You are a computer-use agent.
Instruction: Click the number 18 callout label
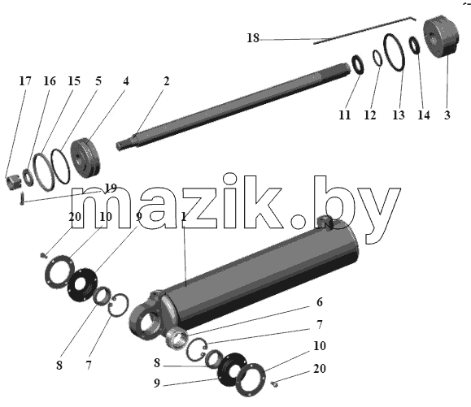253,38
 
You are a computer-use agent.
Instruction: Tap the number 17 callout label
25,81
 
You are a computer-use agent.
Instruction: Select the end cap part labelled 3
441,36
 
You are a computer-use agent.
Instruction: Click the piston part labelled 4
85,158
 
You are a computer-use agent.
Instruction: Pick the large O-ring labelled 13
394,53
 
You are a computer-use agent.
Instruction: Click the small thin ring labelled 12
377,58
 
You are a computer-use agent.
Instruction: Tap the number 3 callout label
447,115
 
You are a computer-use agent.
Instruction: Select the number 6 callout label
320,302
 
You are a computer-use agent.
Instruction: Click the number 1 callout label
184,217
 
